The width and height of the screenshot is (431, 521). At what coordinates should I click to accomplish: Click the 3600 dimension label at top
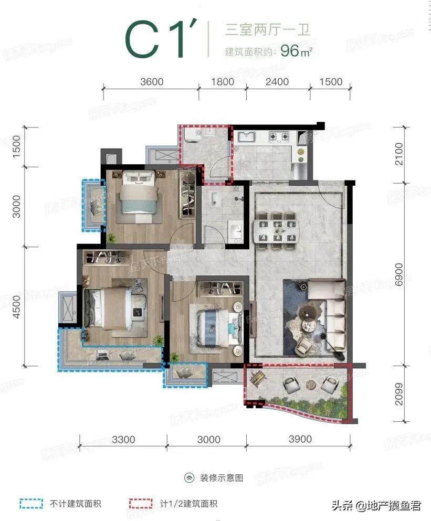[x=152, y=82]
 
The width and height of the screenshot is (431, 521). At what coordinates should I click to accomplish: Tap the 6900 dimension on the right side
[x=398, y=275]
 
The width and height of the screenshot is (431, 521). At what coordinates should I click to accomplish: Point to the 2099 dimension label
[x=398, y=394]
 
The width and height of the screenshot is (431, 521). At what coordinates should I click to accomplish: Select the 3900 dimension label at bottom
[x=300, y=439]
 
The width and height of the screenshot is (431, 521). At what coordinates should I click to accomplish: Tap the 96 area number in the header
[x=290, y=50]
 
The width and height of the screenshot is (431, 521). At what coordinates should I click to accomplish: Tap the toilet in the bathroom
[x=215, y=198]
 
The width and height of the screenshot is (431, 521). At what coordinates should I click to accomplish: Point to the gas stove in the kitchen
[x=278, y=136]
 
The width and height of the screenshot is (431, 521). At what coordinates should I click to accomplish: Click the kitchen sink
[x=246, y=136]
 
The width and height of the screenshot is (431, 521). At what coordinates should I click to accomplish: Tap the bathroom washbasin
[x=236, y=229]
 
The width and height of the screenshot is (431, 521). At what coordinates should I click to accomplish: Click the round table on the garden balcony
[x=311, y=384]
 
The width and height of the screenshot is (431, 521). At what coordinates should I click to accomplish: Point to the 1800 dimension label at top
[x=223, y=82]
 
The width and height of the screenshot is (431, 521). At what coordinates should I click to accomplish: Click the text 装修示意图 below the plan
[x=222, y=478]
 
